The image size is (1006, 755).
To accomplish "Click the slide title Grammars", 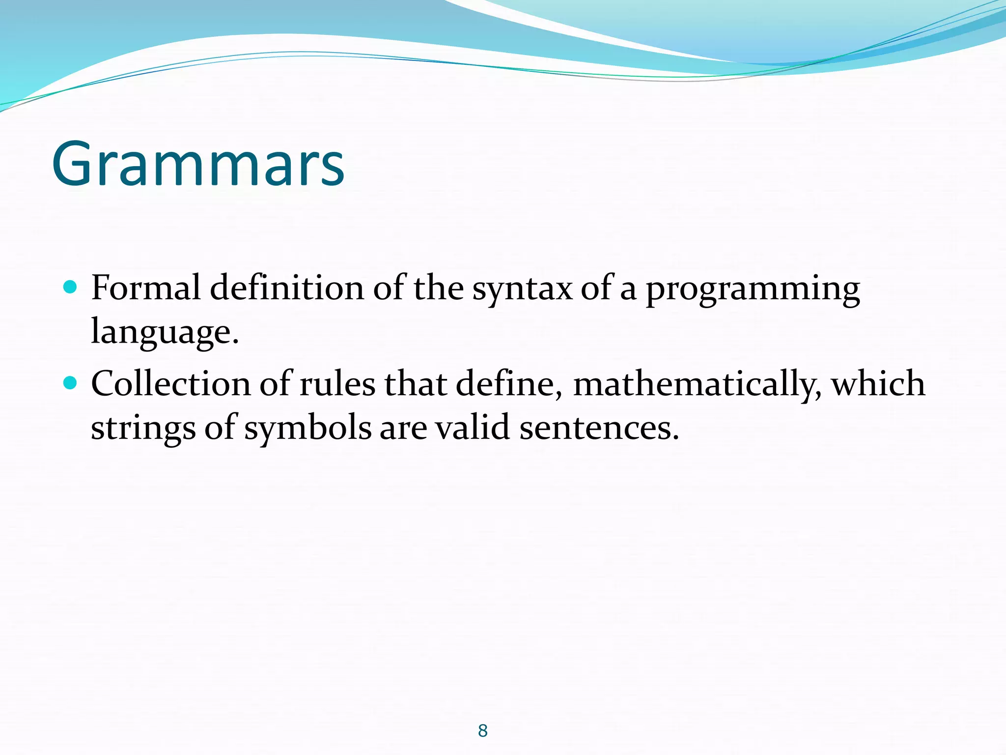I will tap(198, 164).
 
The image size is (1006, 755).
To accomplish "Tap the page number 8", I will tap(482, 730).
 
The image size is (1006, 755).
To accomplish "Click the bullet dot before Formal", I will tap(71, 287).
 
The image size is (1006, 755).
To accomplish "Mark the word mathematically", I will tap(697, 385).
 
